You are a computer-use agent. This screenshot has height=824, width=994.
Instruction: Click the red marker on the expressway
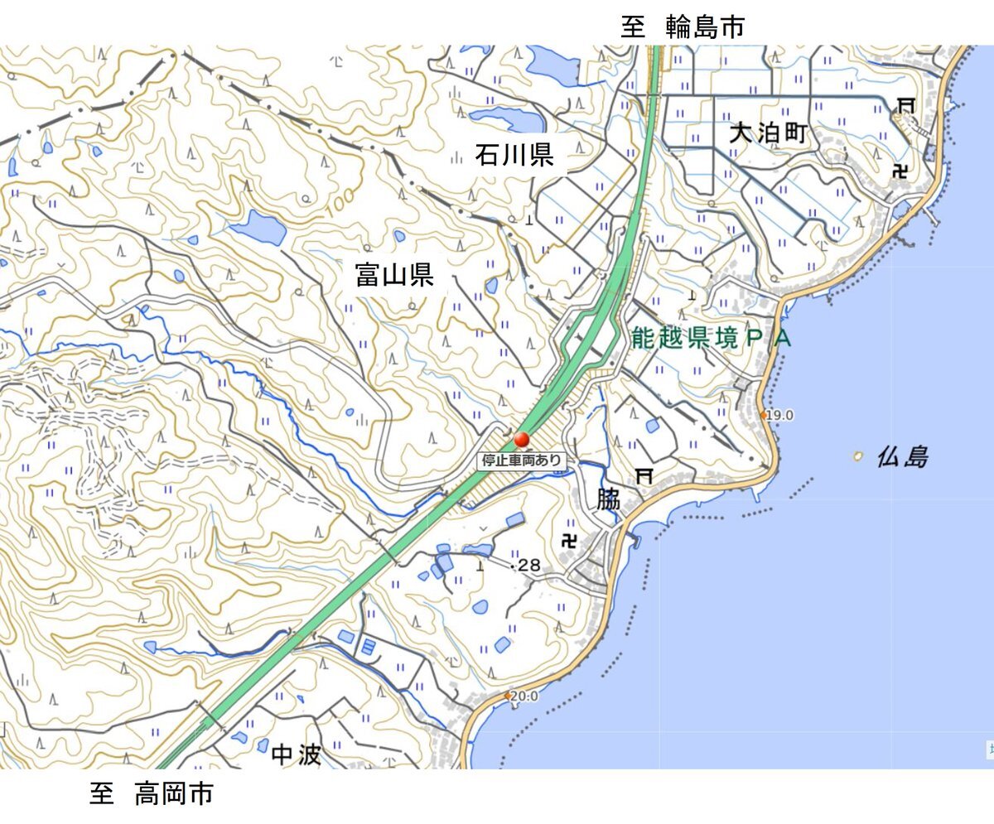click(x=522, y=440)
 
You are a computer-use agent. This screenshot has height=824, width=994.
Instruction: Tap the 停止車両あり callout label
click(x=522, y=460)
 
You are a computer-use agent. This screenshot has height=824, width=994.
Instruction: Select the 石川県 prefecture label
click(x=514, y=154)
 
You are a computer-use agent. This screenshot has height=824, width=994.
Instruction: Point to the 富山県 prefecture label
click(x=394, y=273)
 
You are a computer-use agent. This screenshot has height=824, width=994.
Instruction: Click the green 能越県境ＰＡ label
click(x=711, y=338)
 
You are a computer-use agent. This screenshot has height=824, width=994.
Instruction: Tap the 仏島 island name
click(x=903, y=456)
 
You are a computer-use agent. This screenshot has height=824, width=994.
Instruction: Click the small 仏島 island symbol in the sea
click(x=859, y=455)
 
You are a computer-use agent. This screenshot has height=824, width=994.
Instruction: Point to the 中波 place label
click(x=296, y=754)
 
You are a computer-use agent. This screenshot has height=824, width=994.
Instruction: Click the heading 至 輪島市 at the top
click(x=683, y=27)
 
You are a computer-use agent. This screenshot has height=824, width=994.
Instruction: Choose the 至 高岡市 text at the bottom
click(x=152, y=794)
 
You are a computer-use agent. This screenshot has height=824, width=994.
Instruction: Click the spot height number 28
click(x=528, y=566)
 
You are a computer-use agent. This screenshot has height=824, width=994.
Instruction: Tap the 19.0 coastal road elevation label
click(x=779, y=415)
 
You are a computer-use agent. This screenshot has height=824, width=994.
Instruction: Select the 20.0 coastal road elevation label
click(x=524, y=696)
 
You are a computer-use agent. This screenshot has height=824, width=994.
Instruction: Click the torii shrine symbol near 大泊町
click(x=906, y=104)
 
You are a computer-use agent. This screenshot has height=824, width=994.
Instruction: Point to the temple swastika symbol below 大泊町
click(x=901, y=171)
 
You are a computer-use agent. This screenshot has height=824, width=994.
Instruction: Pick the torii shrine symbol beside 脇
click(x=644, y=475)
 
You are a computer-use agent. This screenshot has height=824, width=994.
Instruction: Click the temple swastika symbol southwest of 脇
click(x=569, y=541)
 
